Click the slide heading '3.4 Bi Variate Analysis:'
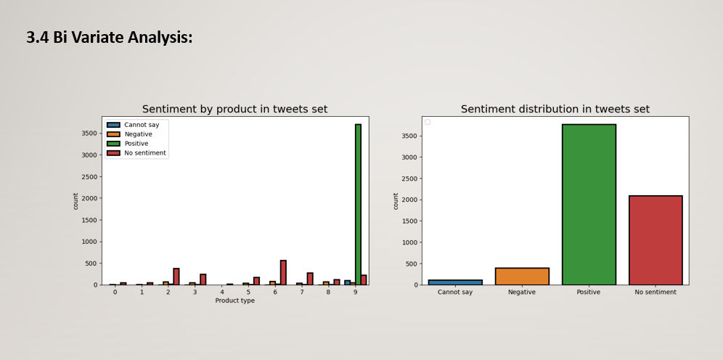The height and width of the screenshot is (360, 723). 110,37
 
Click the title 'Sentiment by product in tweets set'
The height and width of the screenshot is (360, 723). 234,109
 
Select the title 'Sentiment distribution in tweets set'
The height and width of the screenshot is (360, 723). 555,109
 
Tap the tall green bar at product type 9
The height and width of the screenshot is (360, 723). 358,203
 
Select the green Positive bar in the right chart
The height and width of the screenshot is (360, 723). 589,204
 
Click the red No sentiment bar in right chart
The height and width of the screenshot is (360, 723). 655,240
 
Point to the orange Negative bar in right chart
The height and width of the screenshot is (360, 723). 522,276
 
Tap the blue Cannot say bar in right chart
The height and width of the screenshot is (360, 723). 455,282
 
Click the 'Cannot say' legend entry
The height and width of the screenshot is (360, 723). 142,125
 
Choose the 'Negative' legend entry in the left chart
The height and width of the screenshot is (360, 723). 138,134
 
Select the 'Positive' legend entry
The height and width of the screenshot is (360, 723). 136,144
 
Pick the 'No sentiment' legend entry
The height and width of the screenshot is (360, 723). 145,153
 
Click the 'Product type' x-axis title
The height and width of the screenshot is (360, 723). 234,300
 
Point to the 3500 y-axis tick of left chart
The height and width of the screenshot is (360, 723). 88,134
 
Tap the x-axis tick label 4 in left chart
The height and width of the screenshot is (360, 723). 221,292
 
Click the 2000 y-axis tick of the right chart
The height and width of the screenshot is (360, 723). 409,200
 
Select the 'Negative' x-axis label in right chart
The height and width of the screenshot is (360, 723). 522,292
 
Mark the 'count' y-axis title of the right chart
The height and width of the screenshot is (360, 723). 396,201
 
